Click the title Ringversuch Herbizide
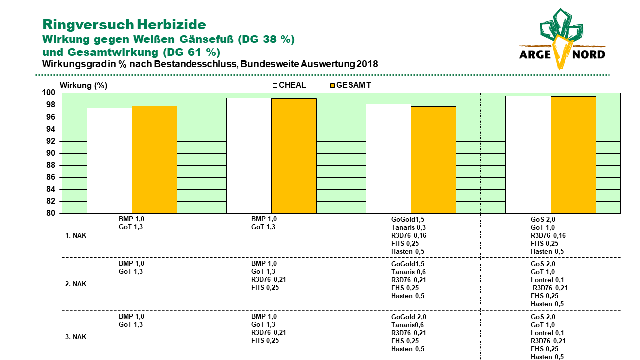pos(124,25)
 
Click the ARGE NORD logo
pos(562,39)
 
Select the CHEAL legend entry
pos(289,85)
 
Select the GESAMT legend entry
pos(351,85)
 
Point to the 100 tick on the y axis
pos(48,93)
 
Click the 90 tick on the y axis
pos(51,153)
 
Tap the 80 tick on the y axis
pos(51,213)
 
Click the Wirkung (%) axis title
pos(83,85)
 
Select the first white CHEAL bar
pos(109,161)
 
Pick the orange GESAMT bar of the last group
pos(573,155)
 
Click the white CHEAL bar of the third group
pos(388,159)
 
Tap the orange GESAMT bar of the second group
pos(294,156)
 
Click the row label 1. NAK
pos(76,235)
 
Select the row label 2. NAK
pos(76,284)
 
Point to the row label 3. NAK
pos(76,337)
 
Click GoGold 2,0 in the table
pos(409,317)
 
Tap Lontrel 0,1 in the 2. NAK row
pos(547,280)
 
